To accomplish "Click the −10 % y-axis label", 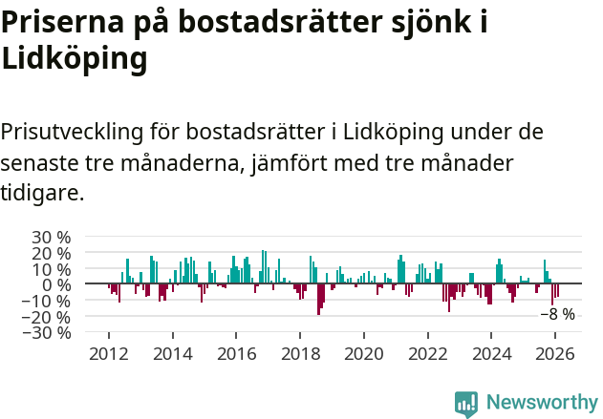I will coord(47,301).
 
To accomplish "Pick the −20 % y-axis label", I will coord(47,317).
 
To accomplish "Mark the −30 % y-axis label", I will coord(47,333).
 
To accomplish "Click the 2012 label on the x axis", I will coord(109,353).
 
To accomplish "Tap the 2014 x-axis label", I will coord(173,353).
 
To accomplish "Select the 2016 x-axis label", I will coord(236,353).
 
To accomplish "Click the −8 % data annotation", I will coord(558,314).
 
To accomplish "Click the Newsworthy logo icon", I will coord(466,404).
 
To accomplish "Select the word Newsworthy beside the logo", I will coord(541,404).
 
